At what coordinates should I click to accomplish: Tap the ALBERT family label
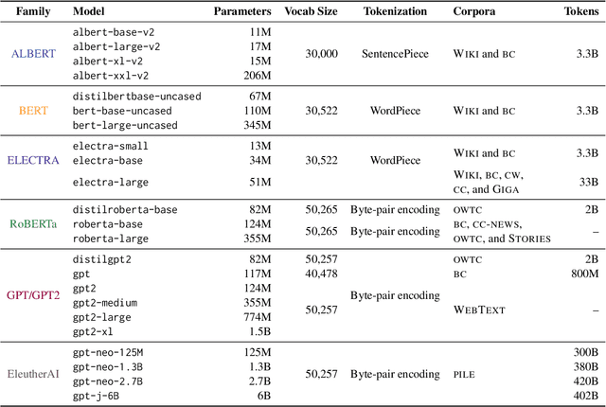pyautogui.click(x=33, y=53)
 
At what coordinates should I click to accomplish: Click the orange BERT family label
pyautogui.click(x=33, y=111)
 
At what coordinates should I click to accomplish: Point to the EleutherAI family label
pyautogui.click(x=33, y=374)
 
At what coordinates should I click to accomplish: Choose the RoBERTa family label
pyautogui.click(x=33, y=224)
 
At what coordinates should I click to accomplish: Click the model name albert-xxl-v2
pyautogui.click(x=111, y=75)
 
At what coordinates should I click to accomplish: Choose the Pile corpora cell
pyautogui.click(x=463, y=374)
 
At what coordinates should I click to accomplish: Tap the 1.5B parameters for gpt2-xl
pyautogui.click(x=254, y=332)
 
